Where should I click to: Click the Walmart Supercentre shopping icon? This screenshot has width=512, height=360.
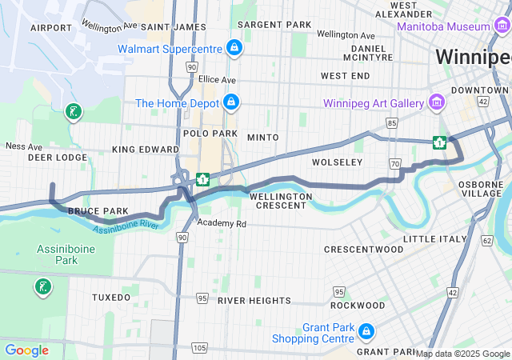(x=234, y=49)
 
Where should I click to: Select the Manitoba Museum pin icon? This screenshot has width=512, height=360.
(x=502, y=26)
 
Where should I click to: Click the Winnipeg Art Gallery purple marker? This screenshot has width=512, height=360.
(x=436, y=102)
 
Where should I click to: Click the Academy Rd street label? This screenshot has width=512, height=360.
(x=222, y=223)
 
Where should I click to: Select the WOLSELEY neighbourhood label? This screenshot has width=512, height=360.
(x=337, y=162)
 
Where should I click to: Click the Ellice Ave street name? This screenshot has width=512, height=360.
(x=218, y=80)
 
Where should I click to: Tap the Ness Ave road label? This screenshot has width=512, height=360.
(x=23, y=146)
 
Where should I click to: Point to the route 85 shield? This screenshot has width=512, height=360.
(x=391, y=122)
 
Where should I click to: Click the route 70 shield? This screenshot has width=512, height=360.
(x=395, y=163)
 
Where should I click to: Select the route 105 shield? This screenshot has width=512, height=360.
(x=199, y=347)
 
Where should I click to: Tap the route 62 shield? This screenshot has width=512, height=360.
(x=487, y=239)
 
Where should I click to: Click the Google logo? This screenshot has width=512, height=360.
(x=26, y=350)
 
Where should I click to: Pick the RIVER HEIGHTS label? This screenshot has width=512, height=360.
(x=254, y=300)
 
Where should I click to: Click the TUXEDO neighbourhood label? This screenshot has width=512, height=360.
(x=110, y=297)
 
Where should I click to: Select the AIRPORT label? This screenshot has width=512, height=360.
(x=50, y=27)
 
